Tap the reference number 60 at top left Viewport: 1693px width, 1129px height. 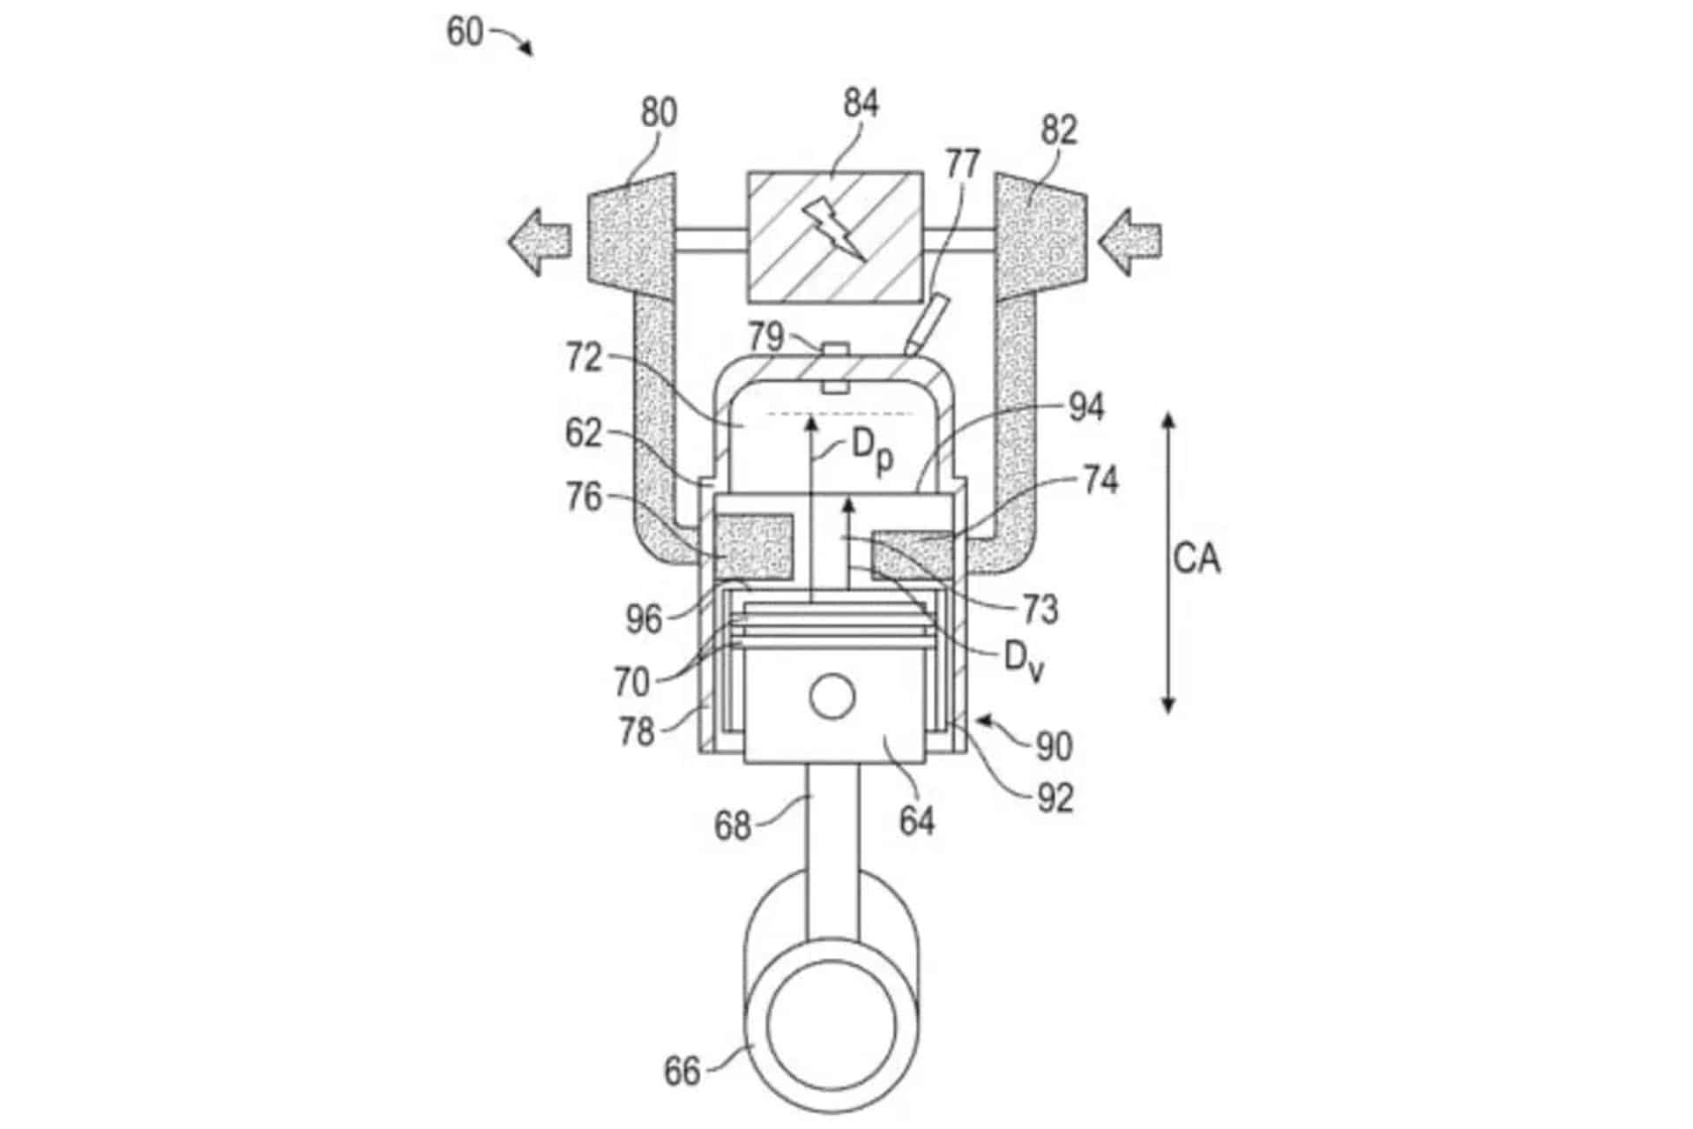pos(465,33)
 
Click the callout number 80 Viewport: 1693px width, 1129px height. pos(659,113)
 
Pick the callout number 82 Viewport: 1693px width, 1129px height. pos(1059,130)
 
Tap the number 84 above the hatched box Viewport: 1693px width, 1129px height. pos(861,103)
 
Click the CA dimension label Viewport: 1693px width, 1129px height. pos(1197,558)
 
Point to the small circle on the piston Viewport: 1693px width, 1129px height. pos(832,698)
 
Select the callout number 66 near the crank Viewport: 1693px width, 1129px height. pos(682,1072)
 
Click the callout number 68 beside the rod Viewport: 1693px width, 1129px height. pos(732,826)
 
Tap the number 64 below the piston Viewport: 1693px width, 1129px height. pos(917,821)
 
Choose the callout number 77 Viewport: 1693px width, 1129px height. pos(963,164)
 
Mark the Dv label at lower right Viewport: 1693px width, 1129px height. pos(1024,661)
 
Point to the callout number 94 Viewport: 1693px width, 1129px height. pos(1086,408)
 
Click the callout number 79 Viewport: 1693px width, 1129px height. pos(766,336)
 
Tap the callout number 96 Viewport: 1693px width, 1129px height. pos(644,619)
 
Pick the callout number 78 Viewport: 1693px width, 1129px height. pos(637,731)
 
